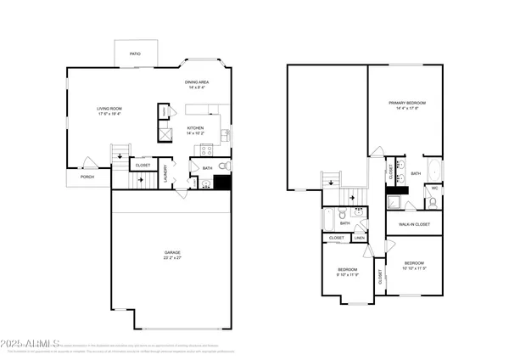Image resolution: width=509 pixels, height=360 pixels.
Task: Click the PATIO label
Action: tap(135, 53)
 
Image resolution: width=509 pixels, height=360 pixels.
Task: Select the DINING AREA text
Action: tap(197, 82)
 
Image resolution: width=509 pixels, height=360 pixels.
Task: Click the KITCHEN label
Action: tap(197, 129)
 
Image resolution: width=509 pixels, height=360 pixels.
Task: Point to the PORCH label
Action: tap(87, 177)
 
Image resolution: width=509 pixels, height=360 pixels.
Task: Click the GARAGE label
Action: tap(172, 252)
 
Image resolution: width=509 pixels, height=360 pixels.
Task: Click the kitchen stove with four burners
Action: tap(205, 150)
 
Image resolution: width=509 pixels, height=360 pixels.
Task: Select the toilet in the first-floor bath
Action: tap(222, 166)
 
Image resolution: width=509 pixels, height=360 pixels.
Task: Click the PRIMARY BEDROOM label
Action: tap(407, 103)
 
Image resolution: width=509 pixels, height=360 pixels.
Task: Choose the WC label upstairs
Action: tap(433, 188)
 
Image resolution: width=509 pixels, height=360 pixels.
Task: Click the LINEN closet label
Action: tap(361, 239)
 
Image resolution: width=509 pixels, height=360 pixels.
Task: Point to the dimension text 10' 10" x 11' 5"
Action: tap(414, 267)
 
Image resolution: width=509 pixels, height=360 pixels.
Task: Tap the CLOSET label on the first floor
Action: tap(143, 166)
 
